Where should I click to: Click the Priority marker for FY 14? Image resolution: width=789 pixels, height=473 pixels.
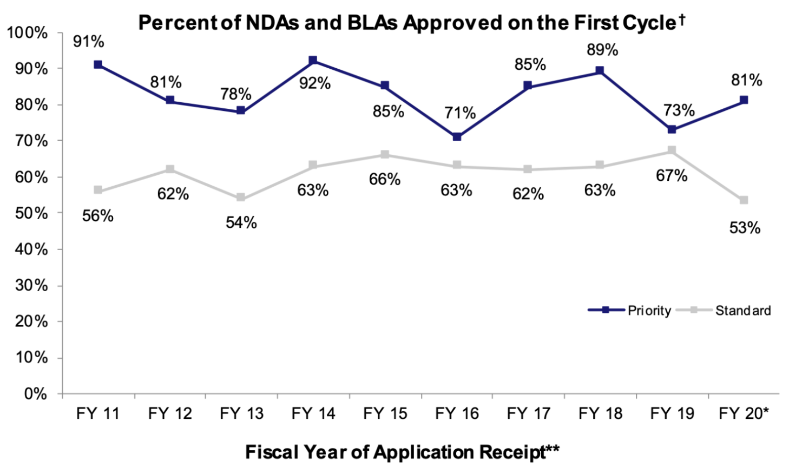pos(313,61)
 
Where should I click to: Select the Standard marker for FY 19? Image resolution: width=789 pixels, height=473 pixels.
pos(672,150)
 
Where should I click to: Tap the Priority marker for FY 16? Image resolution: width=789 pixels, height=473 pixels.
pos(457,136)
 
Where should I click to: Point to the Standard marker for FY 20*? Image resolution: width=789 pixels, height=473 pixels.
pos(744,200)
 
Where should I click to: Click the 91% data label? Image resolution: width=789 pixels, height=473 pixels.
pos(89,41)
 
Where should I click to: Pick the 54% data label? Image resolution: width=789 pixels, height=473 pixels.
pos(241,222)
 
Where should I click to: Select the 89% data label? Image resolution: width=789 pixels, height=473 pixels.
pos(602,50)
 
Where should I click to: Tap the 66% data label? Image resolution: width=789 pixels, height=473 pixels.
pos(385,179)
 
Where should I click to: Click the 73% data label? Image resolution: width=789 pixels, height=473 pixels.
pos(679,110)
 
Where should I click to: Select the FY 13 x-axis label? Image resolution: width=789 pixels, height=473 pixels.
pos(241,414)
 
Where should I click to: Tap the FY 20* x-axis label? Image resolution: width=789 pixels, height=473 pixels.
pos(744,414)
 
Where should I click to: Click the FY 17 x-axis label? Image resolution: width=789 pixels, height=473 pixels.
pos(528,414)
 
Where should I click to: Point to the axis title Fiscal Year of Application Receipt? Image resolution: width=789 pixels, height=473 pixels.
pos(402,452)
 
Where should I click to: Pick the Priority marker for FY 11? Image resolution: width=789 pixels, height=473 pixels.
pos(98,64)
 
